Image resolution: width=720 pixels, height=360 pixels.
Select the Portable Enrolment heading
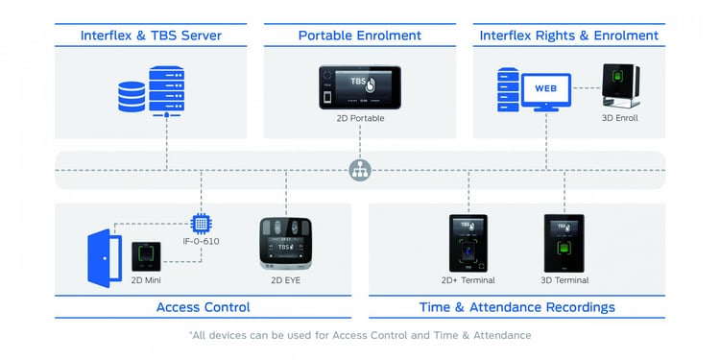[360, 36]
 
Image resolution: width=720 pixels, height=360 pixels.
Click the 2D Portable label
[360, 119]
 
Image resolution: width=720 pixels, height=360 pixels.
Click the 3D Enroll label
[619, 119]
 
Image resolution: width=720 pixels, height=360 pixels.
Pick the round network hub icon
[360, 171]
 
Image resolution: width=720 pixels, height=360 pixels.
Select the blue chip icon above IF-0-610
[202, 224]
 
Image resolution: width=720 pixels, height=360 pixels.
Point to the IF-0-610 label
[202, 241]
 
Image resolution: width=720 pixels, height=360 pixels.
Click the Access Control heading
[203, 307]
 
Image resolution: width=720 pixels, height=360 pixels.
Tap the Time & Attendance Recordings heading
[517, 307]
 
